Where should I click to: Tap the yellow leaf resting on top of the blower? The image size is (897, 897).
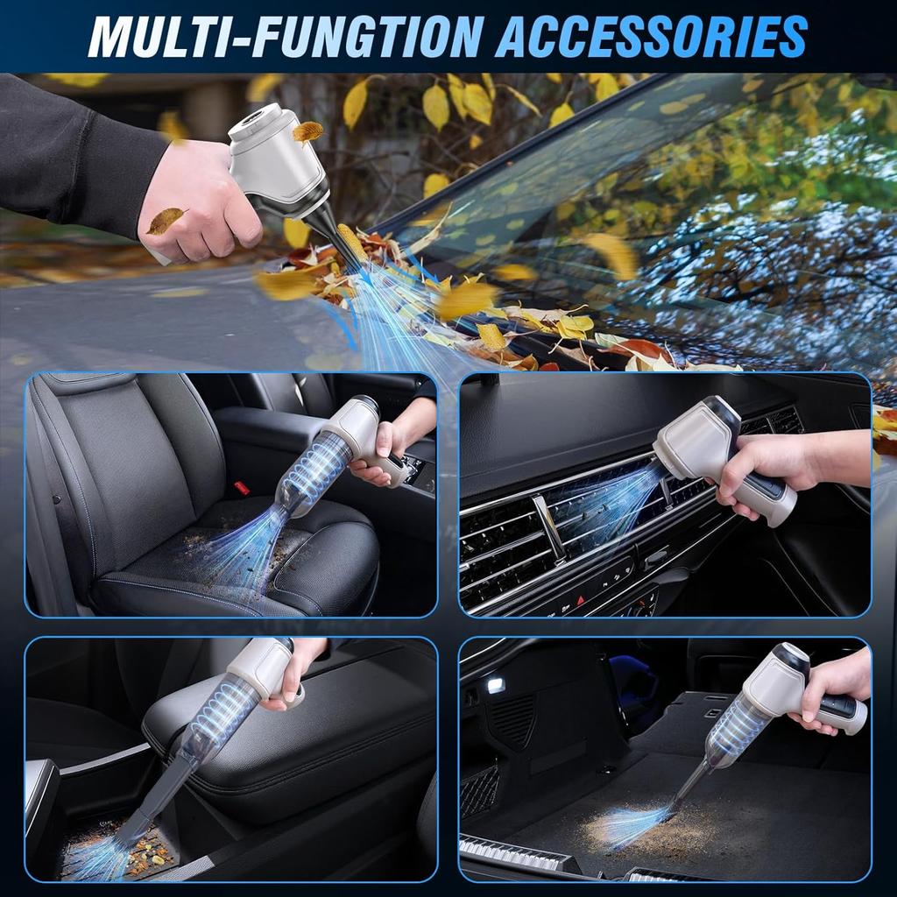[x=307, y=131]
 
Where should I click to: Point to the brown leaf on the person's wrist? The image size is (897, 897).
[x=165, y=220]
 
